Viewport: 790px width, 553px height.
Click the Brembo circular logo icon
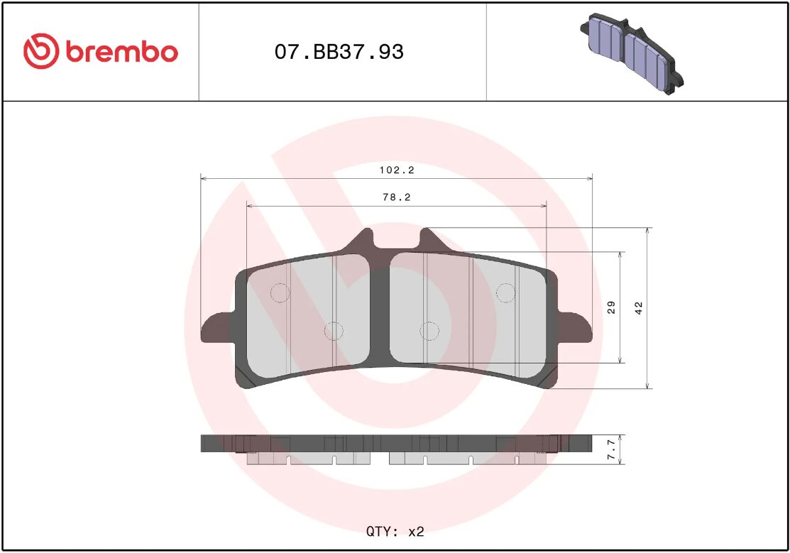(x=40, y=52)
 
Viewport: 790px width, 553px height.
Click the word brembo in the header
(x=121, y=52)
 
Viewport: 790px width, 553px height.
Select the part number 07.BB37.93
(x=339, y=52)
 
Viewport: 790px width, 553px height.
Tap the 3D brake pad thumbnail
(x=632, y=54)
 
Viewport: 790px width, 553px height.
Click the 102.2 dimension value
(x=397, y=170)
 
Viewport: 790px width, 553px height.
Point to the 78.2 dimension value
(x=397, y=198)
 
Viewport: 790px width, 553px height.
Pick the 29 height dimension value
(x=612, y=307)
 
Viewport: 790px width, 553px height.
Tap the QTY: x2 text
(x=395, y=531)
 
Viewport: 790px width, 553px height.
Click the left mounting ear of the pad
(x=217, y=329)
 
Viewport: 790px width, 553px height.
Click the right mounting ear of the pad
(x=575, y=329)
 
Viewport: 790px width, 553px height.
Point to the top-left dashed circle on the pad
(x=280, y=292)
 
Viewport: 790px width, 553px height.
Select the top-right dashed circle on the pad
(x=505, y=292)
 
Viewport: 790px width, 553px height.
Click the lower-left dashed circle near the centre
(x=334, y=330)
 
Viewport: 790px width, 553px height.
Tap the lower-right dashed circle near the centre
(x=429, y=330)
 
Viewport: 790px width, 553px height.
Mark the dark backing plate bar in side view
(x=396, y=443)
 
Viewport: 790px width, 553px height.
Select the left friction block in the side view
(x=309, y=459)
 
